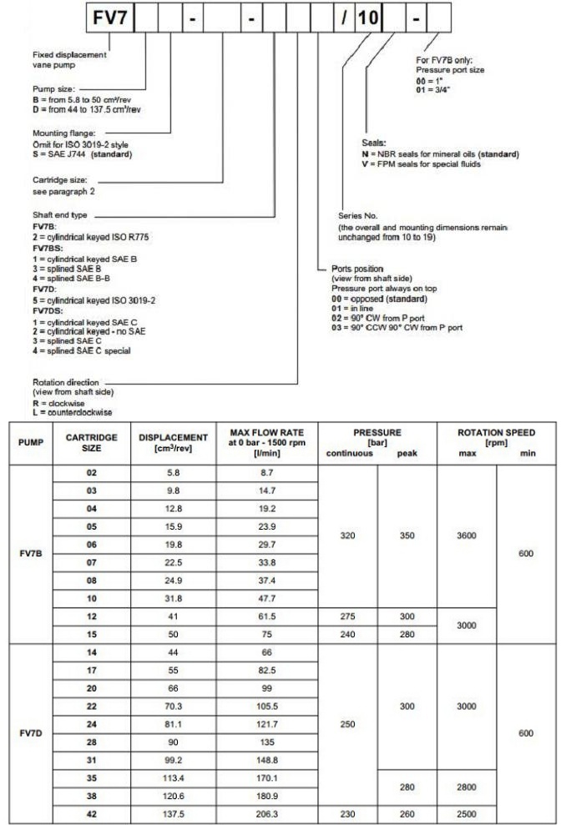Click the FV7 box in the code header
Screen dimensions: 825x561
tap(109, 17)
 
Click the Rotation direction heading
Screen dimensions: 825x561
tap(43, 383)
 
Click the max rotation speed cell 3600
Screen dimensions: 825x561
tap(466, 538)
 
